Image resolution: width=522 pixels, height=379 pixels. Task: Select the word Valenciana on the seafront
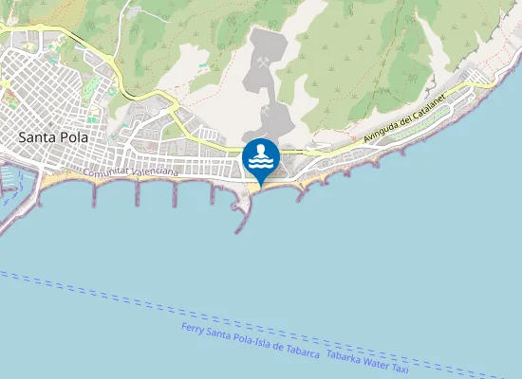click(x=152, y=173)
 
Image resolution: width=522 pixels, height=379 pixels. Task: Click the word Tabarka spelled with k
click(x=345, y=354)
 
